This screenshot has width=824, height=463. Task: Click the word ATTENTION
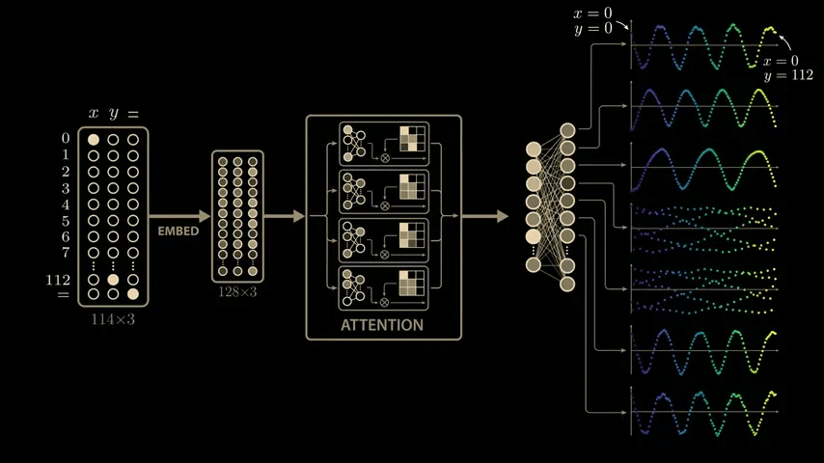pyautogui.click(x=382, y=325)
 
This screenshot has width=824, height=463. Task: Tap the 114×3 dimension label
pyautogui.click(x=113, y=318)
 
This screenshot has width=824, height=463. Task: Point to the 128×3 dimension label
pyautogui.click(x=237, y=291)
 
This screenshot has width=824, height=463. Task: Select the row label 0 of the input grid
pyautogui.click(x=66, y=139)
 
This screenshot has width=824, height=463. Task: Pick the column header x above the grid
pyautogui.click(x=94, y=114)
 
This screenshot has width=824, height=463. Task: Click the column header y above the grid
pyautogui.click(x=114, y=114)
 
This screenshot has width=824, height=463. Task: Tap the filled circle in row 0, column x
pyautogui.click(x=94, y=140)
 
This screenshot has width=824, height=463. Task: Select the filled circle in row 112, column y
pyautogui.click(x=113, y=279)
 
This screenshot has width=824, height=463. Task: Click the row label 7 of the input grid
pyautogui.click(x=66, y=253)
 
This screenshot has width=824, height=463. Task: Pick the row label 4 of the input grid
pyautogui.click(x=66, y=204)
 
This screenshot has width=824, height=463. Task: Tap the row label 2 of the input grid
pyautogui.click(x=66, y=172)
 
